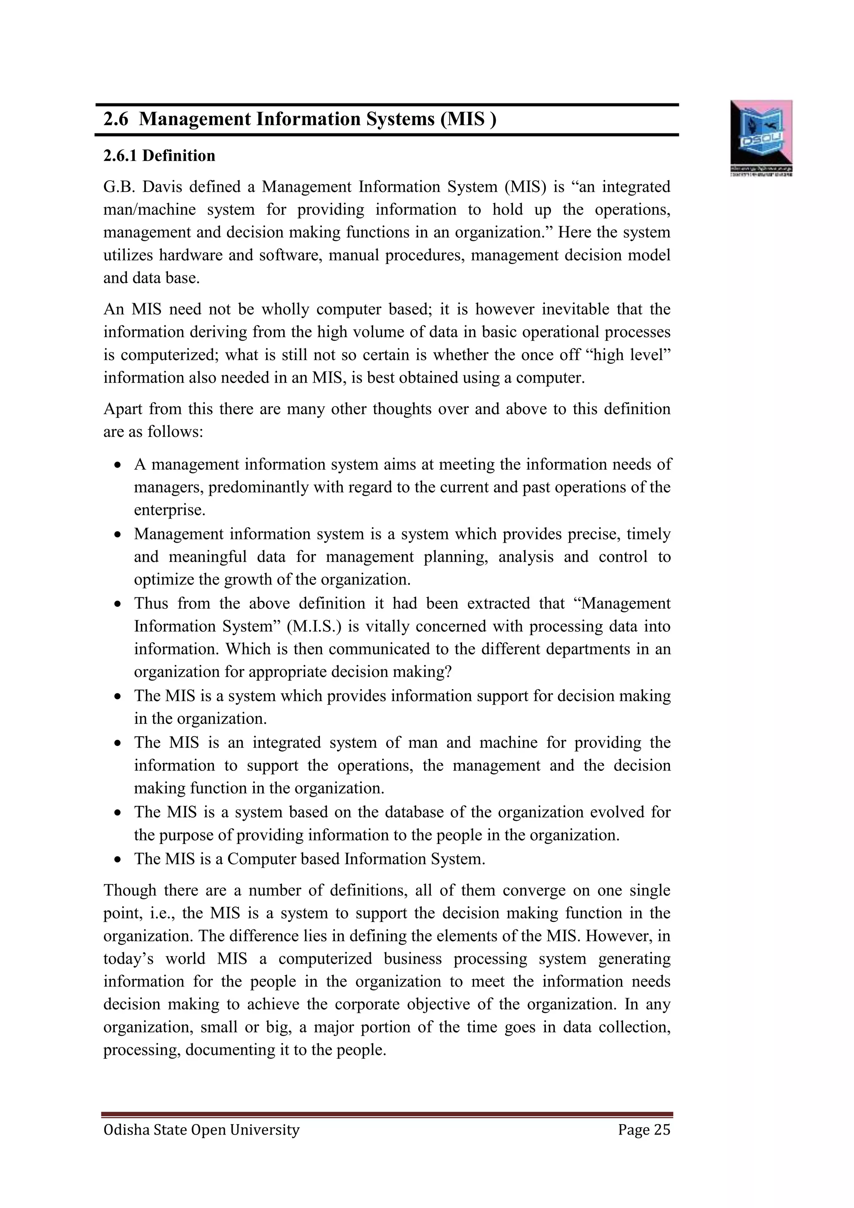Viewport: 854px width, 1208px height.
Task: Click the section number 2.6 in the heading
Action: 116,119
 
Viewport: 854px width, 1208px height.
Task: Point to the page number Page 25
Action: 644,1130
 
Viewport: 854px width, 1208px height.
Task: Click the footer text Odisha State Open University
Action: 201,1130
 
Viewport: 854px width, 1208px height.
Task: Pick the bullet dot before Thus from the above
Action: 118,604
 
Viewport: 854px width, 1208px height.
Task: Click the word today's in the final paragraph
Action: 128,959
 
